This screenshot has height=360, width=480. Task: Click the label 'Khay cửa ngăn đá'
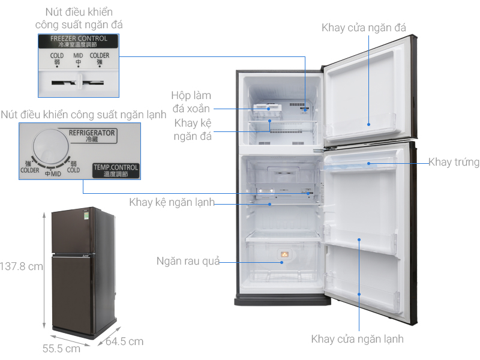pyautogui.click(x=364, y=28)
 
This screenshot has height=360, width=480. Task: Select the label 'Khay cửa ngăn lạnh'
pyautogui.click(x=357, y=339)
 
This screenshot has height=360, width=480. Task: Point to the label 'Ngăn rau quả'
pyautogui.click(x=188, y=261)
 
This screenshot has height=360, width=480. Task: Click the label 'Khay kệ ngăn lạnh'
pyautogui.click(x=172, y=202)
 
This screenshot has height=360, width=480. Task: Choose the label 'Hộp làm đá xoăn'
pyautogui.click(x=191, y=102)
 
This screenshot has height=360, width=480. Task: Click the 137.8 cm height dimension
pyautogui.click(x=22, y=266)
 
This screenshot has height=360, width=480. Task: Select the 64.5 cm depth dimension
pyautogui.click(x=124, y=341)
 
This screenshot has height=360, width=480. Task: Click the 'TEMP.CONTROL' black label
pyautogui.click(x=116, y=170)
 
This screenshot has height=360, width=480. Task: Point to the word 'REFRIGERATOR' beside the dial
pyautogui.click(x=92, y=133)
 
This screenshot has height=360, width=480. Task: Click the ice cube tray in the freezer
pyautogui.click(x=267, y=109)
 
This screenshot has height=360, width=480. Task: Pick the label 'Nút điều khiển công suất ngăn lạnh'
pyautogui.click(x=83, y=114)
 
